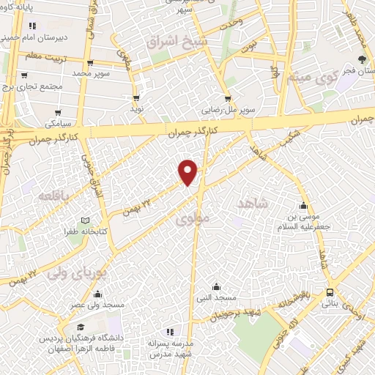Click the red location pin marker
click(188, 171)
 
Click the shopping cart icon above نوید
click(135, 97)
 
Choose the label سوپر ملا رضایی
click(229, 111)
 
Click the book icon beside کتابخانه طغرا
click(85, 220)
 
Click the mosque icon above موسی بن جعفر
click(305, 205)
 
